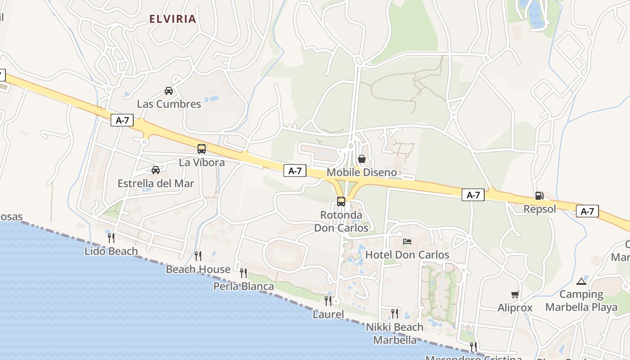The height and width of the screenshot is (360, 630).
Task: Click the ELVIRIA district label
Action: click(x=173, y=19)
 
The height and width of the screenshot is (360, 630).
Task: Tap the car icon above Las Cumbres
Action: click(x=169, y=91)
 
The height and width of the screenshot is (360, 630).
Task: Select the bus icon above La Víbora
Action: click(x=202, y=148)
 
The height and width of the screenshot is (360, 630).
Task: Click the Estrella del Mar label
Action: click(x=156, y=184)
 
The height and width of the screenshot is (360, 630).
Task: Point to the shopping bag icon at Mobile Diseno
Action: click(x=361, y=159)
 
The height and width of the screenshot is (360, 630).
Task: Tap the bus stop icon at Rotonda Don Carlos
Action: click(x=341, y=201)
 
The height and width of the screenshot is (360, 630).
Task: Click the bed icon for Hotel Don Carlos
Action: click(x=407, y=242)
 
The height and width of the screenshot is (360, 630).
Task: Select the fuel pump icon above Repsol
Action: click(x=539, y=196)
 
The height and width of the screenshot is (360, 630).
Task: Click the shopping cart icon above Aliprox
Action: click(x=515, y=295)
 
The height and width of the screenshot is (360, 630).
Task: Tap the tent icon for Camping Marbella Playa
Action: click(x=581, y=282)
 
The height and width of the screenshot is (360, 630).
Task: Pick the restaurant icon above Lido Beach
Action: click(x=111, y=238)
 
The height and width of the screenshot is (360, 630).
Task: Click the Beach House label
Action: click(x=198, y=270)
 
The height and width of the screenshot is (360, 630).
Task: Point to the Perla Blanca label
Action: click(x=243, y=287)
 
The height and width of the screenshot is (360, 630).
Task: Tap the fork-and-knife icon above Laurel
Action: click(x=328, y=301)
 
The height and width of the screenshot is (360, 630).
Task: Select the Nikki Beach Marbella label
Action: click(x=395, y=333)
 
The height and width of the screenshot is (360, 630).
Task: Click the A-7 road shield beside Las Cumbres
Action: click(x=122, y=120)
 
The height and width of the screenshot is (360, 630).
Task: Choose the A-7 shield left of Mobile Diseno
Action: click(x=295, y=171)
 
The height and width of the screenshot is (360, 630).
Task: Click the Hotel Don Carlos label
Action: click(x=407, y=255)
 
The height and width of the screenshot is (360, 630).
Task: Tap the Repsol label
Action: click(x=540, y=209)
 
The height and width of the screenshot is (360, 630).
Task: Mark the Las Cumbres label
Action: click(x=169, y=104)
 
